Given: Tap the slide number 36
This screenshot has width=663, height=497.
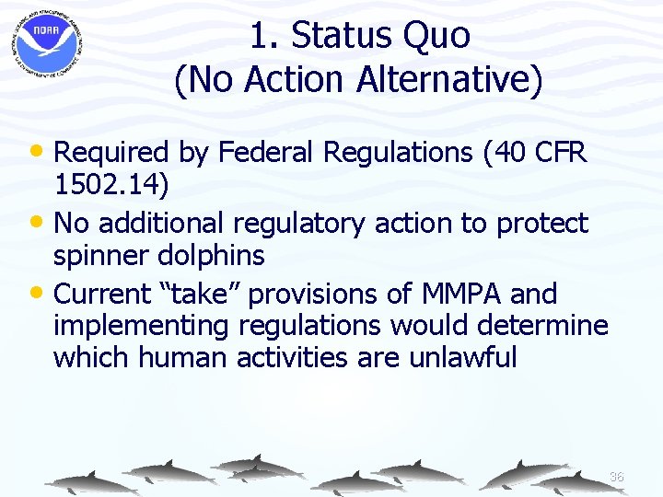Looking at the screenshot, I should point(616,477).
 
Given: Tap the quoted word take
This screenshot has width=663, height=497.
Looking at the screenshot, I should point(206,295).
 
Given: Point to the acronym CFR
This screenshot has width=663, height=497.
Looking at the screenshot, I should point(555,153).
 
